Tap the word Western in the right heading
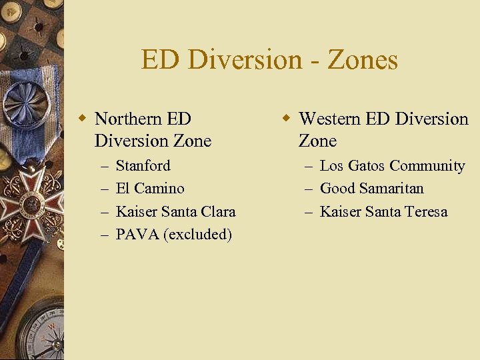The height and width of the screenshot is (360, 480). [331, 119]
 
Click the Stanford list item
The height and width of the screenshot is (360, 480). [143, 165]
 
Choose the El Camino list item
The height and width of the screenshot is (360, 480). [149, 188]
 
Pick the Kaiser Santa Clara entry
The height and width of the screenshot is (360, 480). [175, 211]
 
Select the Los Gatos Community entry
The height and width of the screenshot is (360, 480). [392, 165]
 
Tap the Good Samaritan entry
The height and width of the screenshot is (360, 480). [371, 188]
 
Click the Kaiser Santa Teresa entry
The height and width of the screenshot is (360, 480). [383, 211]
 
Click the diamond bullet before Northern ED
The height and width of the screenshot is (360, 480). [83, 119]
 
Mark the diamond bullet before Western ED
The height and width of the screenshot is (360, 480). [287, 119]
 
